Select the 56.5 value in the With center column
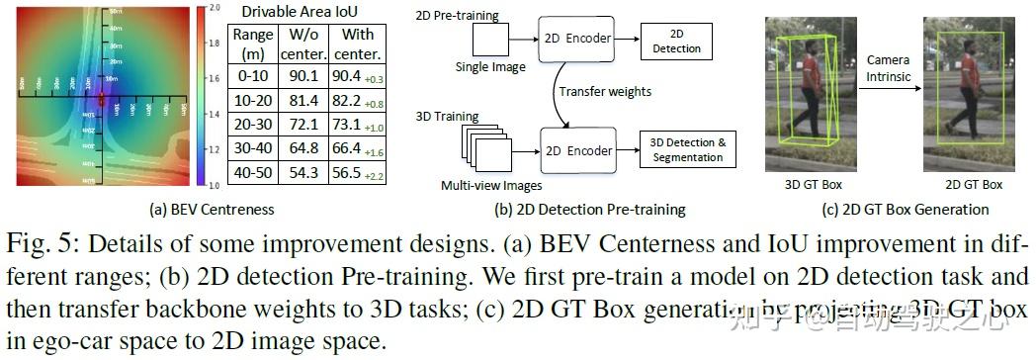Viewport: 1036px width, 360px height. [350, 173]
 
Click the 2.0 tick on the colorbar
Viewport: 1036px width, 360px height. [213, 8]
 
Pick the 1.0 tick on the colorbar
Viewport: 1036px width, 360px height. [213, 184]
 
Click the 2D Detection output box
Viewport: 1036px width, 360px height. [677, 40]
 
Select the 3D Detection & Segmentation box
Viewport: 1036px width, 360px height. [690, 150]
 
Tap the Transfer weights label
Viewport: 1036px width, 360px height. [605, 92]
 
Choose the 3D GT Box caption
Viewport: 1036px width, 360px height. [811, 184]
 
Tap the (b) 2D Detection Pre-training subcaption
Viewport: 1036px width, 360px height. [590, 209]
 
